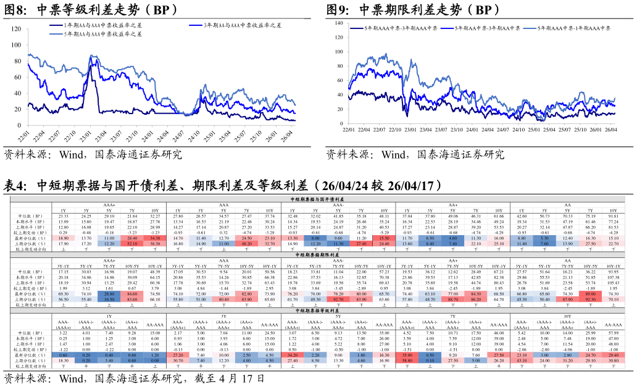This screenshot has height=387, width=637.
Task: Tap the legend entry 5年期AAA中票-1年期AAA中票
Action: click(x=573, y=28)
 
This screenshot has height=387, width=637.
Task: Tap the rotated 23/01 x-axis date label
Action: click(x=87, y=135)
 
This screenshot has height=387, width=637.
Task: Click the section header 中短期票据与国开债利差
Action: click(x=318, y=199)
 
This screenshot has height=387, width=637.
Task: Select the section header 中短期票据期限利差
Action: click(x=318, y=254)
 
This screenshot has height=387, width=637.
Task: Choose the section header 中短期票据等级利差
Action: click(x=318, y=310)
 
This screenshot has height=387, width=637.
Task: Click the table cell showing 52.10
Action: click(x=131, y=244)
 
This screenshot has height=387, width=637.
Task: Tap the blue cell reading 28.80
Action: click(x=109, y=294)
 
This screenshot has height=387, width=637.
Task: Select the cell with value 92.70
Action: click(x=338, y=299)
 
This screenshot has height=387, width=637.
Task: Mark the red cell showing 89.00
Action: click(x=590, y=294)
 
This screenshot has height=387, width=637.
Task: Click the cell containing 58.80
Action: click(x=407, y=361)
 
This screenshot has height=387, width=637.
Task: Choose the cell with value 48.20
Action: click(x=246, y=244)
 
